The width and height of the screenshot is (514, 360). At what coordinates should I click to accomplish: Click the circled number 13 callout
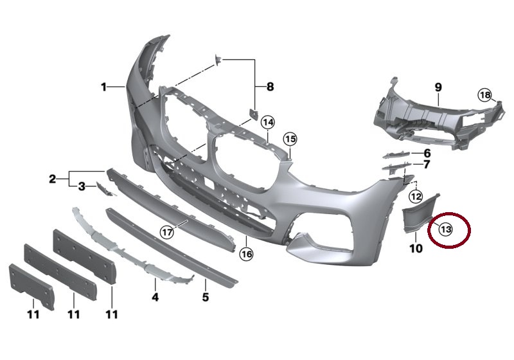point(446,230)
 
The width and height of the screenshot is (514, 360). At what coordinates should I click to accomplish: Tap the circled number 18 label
point(485,95)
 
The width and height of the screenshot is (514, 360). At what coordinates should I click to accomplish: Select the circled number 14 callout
point(268,123)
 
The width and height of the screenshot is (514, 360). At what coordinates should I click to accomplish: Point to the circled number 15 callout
point(290,139)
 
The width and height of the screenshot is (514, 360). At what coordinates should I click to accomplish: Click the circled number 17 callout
point(167,233)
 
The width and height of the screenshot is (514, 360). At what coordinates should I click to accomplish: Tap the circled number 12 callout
point(416,197)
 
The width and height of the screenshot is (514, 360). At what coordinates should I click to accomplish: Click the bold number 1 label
point(103,87)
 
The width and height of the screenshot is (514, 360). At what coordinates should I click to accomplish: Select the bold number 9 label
point(438,87)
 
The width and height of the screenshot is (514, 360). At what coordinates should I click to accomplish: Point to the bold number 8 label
point(270,87)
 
